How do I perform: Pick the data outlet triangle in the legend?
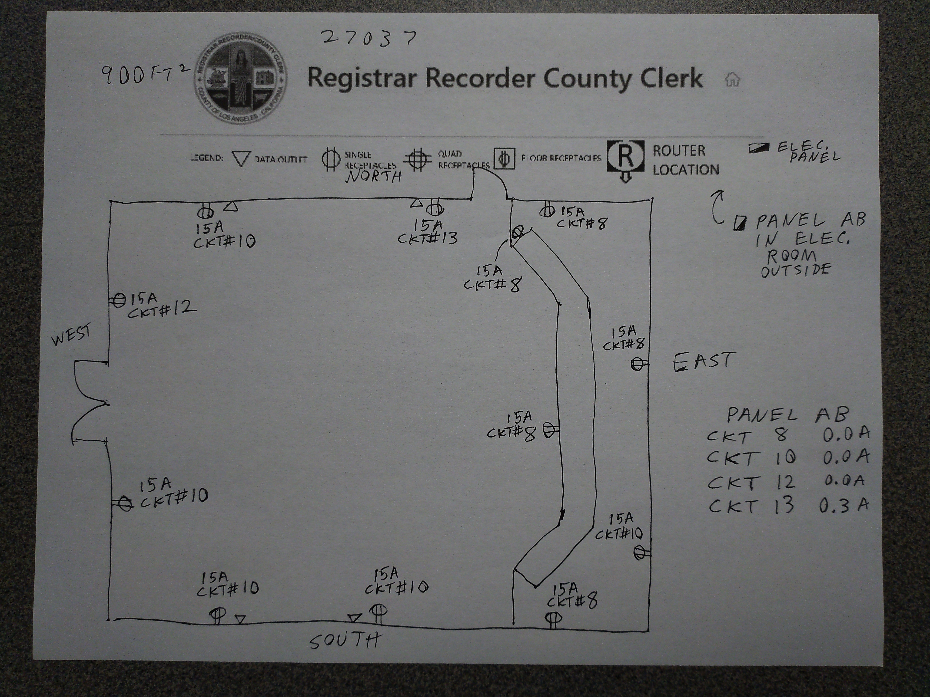pyautogui.click(x=241, y=159)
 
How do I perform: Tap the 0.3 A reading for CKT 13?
pyautogui.click(x=843, y=505)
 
